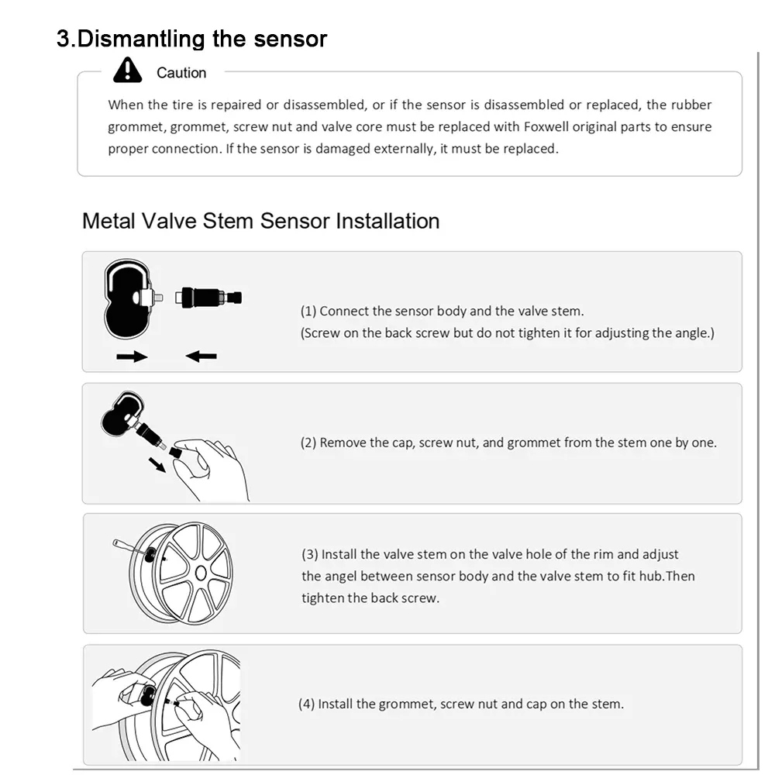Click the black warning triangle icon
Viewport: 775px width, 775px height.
click(128, 71)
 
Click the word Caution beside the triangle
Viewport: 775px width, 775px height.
click(181, 73)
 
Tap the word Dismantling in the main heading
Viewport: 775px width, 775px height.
click(141, 39)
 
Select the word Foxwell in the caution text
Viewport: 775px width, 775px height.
click(546, 126)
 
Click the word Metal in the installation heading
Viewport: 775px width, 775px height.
click(108, 221)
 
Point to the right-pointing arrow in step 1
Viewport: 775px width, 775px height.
click(132, 356)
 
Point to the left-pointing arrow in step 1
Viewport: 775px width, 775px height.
click(201, 356)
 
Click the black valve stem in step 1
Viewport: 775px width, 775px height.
click(208, 298)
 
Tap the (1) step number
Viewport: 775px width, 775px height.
click(308, 312)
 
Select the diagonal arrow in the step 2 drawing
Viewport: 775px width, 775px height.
click(157, 464)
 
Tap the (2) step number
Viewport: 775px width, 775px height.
click(308, 443)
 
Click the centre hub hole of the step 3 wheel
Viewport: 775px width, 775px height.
click(201, 573)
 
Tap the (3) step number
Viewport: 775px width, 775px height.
click(310, 554)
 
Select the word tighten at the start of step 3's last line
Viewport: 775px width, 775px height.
click(322, 598)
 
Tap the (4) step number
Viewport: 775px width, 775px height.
click(306, 704)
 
